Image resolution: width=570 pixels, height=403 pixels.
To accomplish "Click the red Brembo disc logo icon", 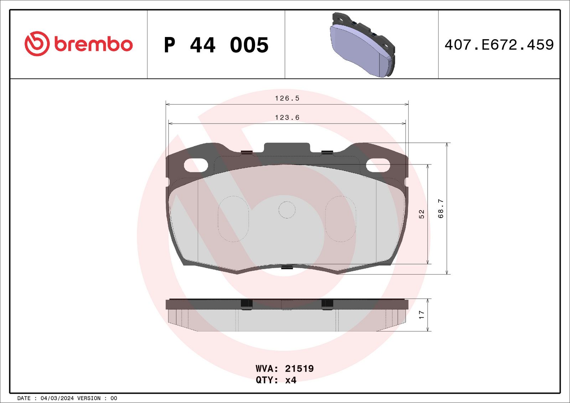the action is click(37, 44).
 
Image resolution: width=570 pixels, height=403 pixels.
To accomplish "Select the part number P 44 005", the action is click(216, 45).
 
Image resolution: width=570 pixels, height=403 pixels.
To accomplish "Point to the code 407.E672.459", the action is click(499, 45).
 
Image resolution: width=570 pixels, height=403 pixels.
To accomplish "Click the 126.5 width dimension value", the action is click(287, 98).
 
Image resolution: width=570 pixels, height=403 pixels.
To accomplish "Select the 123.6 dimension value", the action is click(287, 117).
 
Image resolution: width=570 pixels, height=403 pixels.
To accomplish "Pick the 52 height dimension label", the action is click(422, 214).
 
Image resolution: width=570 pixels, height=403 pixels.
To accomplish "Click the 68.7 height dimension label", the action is click(441, 209).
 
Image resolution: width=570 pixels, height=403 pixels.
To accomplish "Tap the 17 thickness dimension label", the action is click(422, 315).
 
